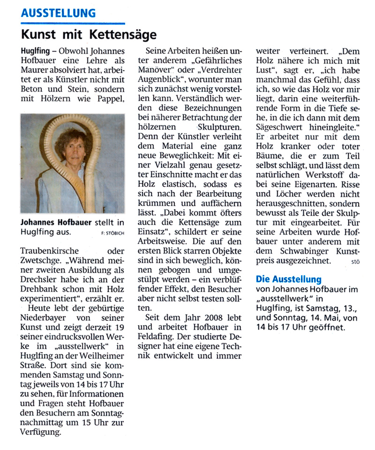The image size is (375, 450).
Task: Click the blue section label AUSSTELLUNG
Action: coord(58,13)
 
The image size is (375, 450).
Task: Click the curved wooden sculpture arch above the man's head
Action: coord(70,123)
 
